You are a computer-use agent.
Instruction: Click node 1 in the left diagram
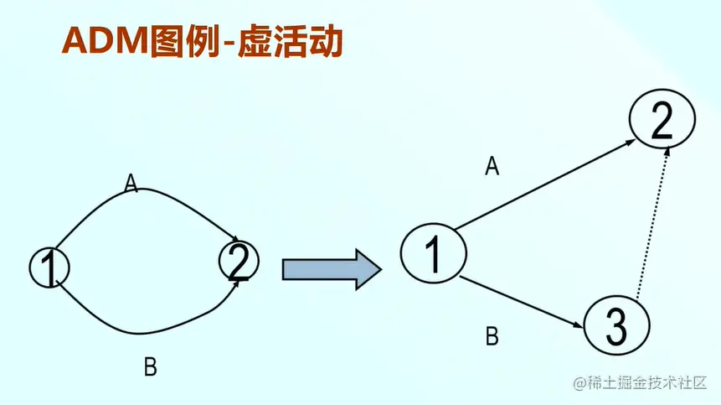tap(49, 267)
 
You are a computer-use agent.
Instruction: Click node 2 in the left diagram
tap(239, 261)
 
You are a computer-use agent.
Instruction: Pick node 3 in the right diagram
tap(615, 325)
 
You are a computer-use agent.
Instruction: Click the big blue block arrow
tap(332, 269)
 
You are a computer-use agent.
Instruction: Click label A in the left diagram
tap(131, 182)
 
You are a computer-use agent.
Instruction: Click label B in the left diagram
tap(151, 366)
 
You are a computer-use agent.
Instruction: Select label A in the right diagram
tap(492, 166)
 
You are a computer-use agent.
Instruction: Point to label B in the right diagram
tap(492, 336)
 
